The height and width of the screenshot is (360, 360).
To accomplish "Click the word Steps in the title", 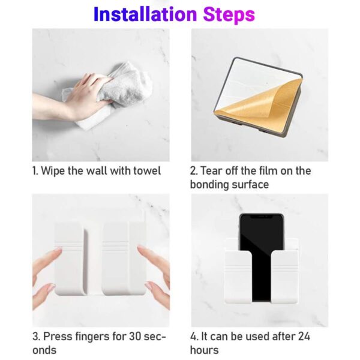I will click(x=229, y=14).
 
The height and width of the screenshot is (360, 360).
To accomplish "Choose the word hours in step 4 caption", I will click(x=204, y=350).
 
